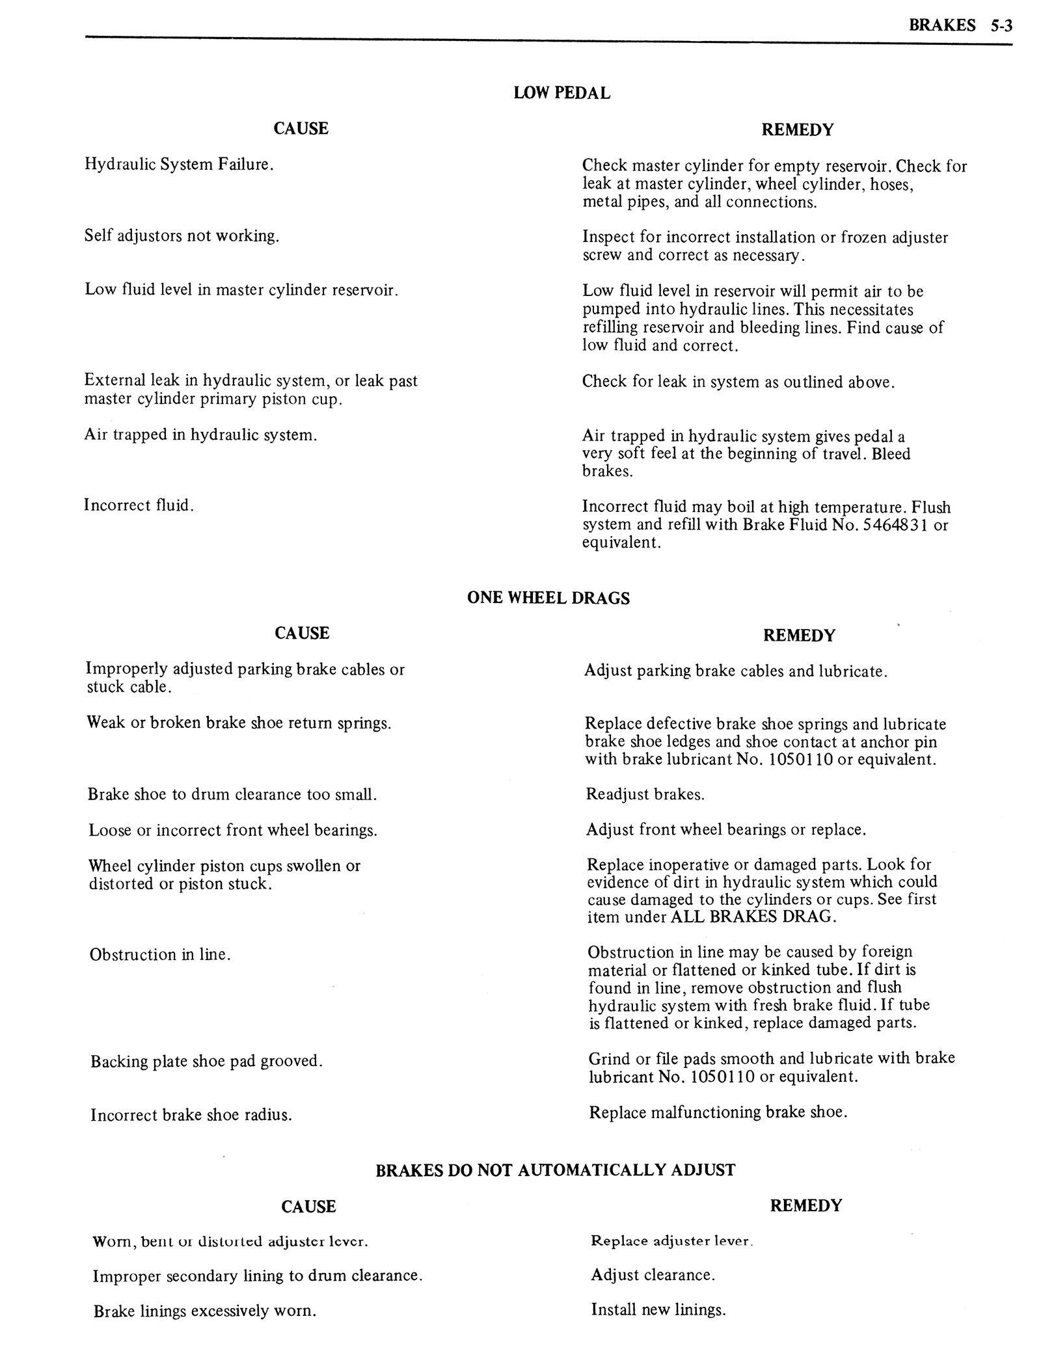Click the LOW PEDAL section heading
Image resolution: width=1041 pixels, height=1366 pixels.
click(561, 93)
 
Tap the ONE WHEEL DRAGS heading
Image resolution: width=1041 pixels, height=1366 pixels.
click(548, 598)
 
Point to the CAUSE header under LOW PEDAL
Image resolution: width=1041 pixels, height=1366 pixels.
click(301, 128)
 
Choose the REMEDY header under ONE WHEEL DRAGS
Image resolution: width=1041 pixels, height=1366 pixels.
click(798, 635)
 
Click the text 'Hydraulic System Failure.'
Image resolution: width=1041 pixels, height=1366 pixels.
click(179, 165)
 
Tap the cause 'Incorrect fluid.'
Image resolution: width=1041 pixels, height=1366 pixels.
click(139, 505)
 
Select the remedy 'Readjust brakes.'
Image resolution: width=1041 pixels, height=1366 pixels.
click(645, 794)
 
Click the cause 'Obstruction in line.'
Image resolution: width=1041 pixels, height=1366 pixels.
click(160, 955)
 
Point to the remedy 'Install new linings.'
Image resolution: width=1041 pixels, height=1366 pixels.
click(658, 1309)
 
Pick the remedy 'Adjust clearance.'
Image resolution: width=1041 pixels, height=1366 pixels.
click(653, 1275)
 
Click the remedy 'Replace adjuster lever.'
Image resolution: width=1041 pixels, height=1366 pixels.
click(671, 1240)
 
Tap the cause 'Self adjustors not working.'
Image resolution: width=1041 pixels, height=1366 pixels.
click(182, 235)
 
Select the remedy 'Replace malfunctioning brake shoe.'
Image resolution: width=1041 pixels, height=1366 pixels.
click(718, 1112)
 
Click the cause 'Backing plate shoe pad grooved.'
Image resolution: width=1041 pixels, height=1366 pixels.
click(206, 1062)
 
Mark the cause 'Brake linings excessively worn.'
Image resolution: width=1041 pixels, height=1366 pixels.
click(204, 1311)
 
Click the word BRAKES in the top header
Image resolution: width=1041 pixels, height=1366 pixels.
click(942, 25)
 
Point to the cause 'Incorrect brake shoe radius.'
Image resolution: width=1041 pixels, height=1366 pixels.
click(191, 1115)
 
